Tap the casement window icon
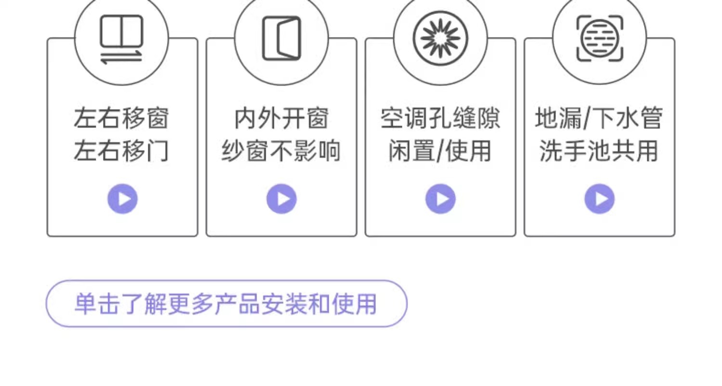click(282, 38)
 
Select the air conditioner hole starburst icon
click(440, 38)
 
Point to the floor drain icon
click(599, 38)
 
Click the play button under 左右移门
click(122, 199)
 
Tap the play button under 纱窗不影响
click(282, 199)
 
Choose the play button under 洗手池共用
click(599, 199)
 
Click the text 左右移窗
click(121, 118)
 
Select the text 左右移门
click(121, 151)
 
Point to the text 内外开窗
click(282, 118)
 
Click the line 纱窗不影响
click(282, 151)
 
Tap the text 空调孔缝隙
click(440, 118)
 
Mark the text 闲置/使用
click(440, 151)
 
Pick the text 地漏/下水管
click(599, 118)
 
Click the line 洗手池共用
click(599, 151)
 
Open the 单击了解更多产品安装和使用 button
click(226, 304)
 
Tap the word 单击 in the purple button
click(98, 304)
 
